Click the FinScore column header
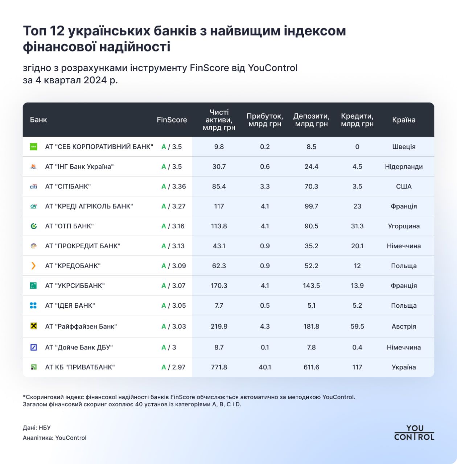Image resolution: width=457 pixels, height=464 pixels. (x=172, y=120)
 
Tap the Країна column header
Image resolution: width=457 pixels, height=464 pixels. (x=403, y=120)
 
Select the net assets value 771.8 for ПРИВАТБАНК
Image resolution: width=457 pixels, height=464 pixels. (x=219, y=367)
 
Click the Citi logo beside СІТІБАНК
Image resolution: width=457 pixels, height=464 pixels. (x=33, y=186)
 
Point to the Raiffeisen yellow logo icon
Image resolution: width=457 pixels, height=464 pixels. (x=33, y=326)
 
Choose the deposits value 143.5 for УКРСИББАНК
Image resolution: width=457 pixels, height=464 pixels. (x=311, y=286)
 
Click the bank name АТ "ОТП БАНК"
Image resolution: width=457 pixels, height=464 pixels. (x=69, y=226)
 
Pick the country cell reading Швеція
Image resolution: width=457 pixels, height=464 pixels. (x=403, y=147)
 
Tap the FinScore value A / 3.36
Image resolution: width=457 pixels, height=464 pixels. (x=173, y=186)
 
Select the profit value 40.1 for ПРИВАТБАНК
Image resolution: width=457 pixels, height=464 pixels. (x=265, y=367)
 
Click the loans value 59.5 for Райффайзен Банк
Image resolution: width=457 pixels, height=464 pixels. (x=357, y=326)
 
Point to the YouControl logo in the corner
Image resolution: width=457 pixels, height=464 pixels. (x=414, y=433)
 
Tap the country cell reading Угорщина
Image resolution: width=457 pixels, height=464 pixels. (x=403, y=226)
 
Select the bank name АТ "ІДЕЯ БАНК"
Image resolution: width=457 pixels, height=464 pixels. (x=70, y=306)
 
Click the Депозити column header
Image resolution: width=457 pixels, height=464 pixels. (x=311, y=120)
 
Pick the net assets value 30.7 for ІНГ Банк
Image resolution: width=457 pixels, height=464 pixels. (x=219, y=167)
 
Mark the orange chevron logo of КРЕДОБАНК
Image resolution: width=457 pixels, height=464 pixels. (x=33, y=266)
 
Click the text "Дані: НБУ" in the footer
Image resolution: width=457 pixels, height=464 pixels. (x=37, y=428)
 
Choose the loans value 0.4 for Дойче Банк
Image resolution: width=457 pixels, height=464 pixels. (x=357, y=347)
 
